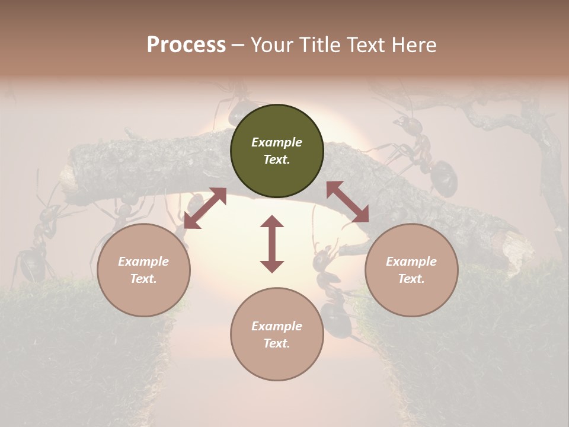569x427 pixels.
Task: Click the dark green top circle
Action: [x=277, y=151]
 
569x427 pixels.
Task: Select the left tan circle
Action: [x=143, y=270]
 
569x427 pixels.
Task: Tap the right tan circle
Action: [x=411, y=270]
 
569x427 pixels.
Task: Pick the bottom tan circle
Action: [x=277, y=334]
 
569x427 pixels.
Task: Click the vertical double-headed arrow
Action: [x=272, y=244]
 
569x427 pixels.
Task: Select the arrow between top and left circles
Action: [x=205, y=208]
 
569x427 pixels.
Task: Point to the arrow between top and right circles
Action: [x=348, y=202]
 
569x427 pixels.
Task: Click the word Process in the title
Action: [x=186, y=45]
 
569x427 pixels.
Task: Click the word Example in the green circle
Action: [x=277, y=142]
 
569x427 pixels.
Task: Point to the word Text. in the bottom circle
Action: [x=277, y=343]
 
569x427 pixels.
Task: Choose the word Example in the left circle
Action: [x=143, y=262]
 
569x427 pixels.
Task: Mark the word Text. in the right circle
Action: [x=411, y=279]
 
